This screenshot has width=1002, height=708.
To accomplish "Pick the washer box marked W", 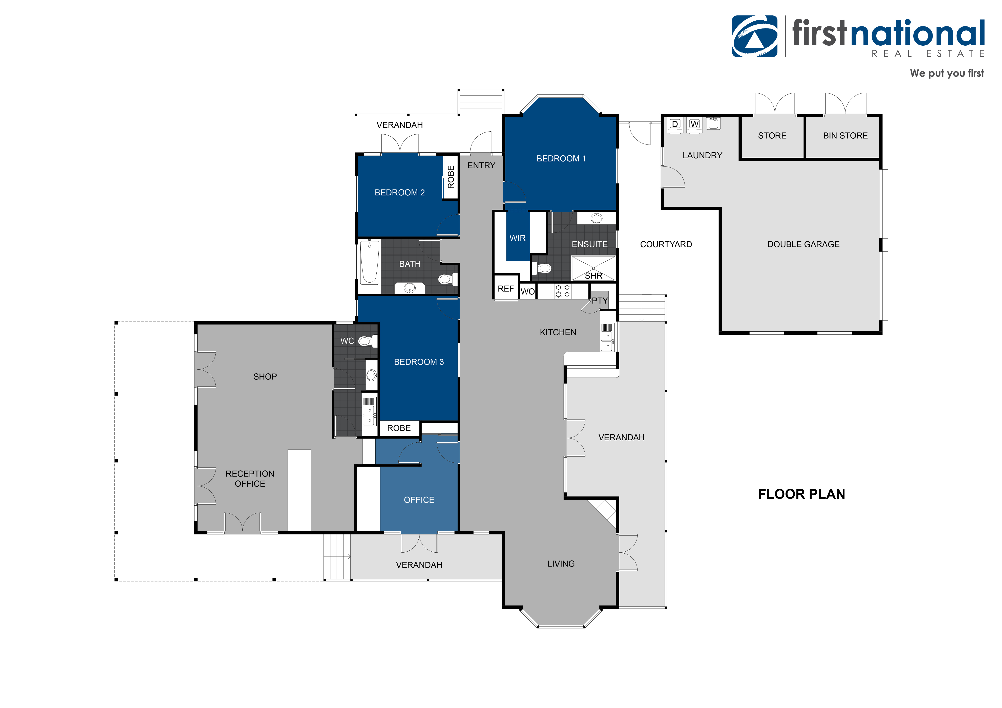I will coord(694,124).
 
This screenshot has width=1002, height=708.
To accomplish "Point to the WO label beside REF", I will coord(528,291).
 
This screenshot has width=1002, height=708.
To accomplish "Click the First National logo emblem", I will coord(755,37).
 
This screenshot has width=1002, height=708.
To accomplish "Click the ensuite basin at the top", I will coord(596,218).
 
